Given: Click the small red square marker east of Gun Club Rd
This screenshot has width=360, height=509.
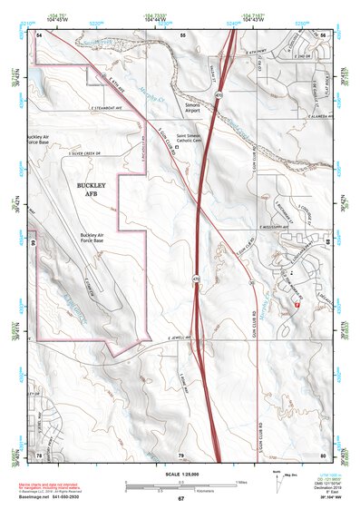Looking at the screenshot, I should point(297,307).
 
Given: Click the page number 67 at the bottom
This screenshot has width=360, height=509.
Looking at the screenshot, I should point(180,499).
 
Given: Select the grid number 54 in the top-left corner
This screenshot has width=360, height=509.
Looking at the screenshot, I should point(39,34).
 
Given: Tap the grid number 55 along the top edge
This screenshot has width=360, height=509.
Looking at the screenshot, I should point(182,34).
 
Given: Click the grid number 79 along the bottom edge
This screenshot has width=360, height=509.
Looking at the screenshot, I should point(180,454).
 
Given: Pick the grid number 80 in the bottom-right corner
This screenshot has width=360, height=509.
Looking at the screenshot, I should point(323,454).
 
